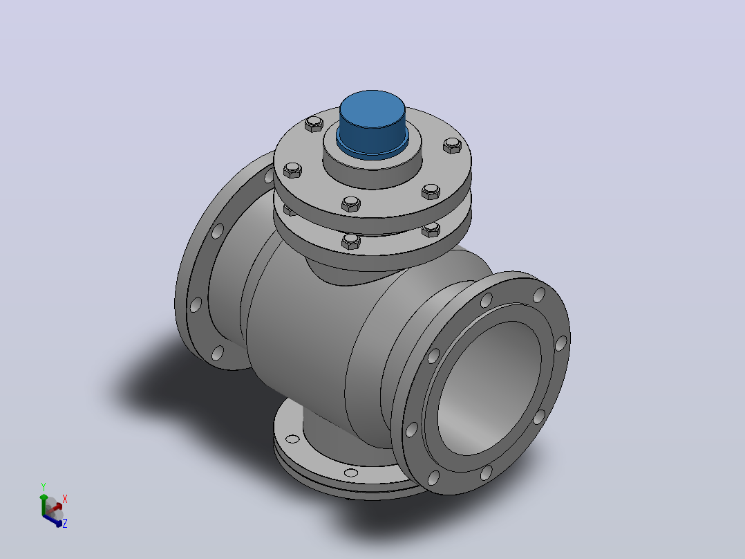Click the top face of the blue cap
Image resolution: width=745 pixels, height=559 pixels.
[x=372, y=109]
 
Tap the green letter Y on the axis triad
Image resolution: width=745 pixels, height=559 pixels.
[x=44, y=486]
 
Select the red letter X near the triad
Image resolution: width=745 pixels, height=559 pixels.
[x=65, y=499]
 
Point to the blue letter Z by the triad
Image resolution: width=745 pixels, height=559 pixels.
[x=65, y=523]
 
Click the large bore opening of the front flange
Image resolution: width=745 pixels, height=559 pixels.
[x=489, y=387]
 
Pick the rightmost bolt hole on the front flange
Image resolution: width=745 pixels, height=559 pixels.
[x=561, y=343]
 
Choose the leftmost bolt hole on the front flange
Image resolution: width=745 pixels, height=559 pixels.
[x=411, y=430]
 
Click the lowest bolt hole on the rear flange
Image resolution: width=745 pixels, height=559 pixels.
[x=218, y=353]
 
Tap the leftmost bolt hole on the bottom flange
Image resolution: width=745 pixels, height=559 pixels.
[x=292, y=439]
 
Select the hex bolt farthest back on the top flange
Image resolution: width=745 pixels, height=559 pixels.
[x=314, y=124]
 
